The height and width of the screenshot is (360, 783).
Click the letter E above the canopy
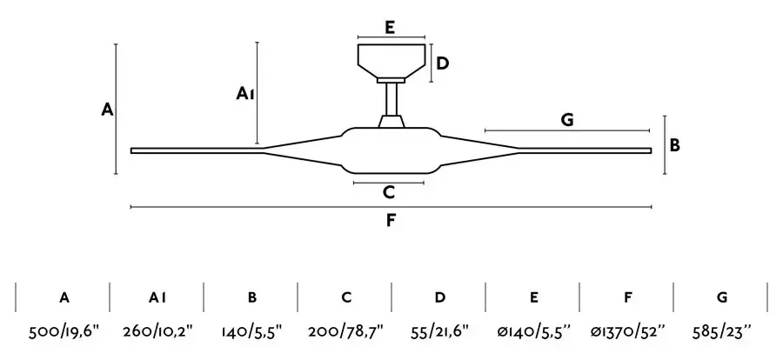click(390, 27)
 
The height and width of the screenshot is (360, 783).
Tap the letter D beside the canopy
click(443, 63)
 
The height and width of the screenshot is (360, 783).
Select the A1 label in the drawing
click(245, 93)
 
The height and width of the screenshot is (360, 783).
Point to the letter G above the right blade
click(567, 120)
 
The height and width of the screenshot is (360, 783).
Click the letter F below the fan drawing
click(391, 220)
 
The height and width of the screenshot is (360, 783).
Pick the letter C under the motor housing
click(389, 191)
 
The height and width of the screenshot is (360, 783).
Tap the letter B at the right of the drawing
click(674, 145)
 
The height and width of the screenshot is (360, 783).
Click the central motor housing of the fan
click(391, 150)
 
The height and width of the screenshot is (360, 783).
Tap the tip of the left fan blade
click(131, 150)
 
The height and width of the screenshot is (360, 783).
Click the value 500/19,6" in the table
click(64, 330)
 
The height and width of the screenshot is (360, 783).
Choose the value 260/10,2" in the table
click(157, 330)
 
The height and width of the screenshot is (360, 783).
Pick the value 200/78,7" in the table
click(345, 330)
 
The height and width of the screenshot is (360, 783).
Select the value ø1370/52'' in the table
click(627, 330)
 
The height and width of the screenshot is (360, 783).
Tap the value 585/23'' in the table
click(722, 330)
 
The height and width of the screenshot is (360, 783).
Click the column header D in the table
click(440, 297)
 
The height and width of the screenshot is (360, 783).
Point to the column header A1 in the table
click(157, 297)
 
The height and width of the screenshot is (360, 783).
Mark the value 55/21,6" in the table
click(440, 330)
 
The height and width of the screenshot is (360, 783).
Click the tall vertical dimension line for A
click(116, 109)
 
